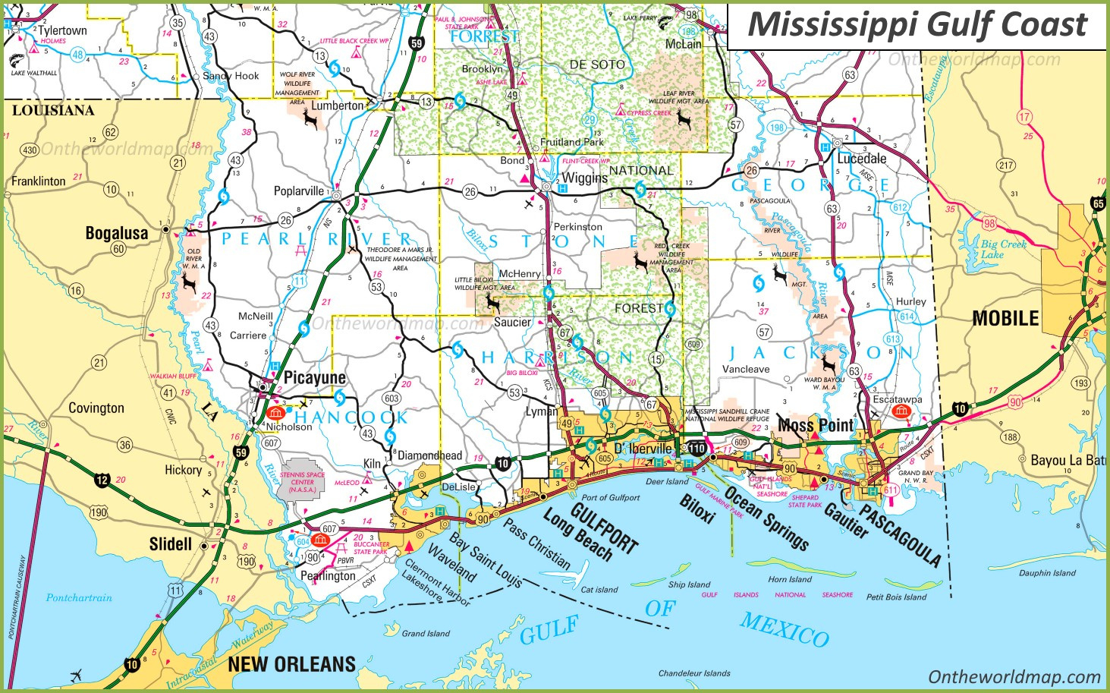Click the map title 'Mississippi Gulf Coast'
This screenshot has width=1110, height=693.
point(917,24)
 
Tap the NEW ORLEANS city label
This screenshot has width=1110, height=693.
point(291,664)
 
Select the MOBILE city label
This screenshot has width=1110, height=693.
point(1005,318)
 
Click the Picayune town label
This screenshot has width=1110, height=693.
point(314,377)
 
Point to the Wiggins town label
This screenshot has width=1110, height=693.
point(584,178)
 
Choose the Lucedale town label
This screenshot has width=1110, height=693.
point(861,159)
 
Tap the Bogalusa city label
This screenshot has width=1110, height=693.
point(116,233)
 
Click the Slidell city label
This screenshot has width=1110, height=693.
point(170,544)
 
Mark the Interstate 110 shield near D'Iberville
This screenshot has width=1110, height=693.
point(696,449)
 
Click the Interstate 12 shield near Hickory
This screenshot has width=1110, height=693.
point(102,480)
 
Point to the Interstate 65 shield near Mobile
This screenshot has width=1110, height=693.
point(1098,203)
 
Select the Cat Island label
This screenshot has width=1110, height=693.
point(599,590)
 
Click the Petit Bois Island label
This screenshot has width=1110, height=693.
point(896,597)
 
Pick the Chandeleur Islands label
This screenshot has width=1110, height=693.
point(693,673)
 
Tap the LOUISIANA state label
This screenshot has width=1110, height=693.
point(53,111)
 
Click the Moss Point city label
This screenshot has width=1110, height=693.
point(816,425)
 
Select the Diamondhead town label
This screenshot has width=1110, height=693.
point(429,455)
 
